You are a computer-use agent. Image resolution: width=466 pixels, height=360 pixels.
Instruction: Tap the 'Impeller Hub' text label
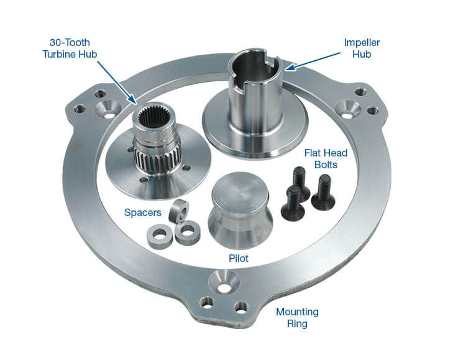[361, 48]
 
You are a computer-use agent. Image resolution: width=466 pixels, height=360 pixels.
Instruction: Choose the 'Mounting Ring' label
[298, 317]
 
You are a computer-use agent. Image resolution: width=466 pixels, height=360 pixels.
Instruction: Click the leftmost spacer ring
[160, 236]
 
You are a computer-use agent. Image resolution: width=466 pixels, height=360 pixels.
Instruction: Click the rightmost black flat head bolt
[323, 191]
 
